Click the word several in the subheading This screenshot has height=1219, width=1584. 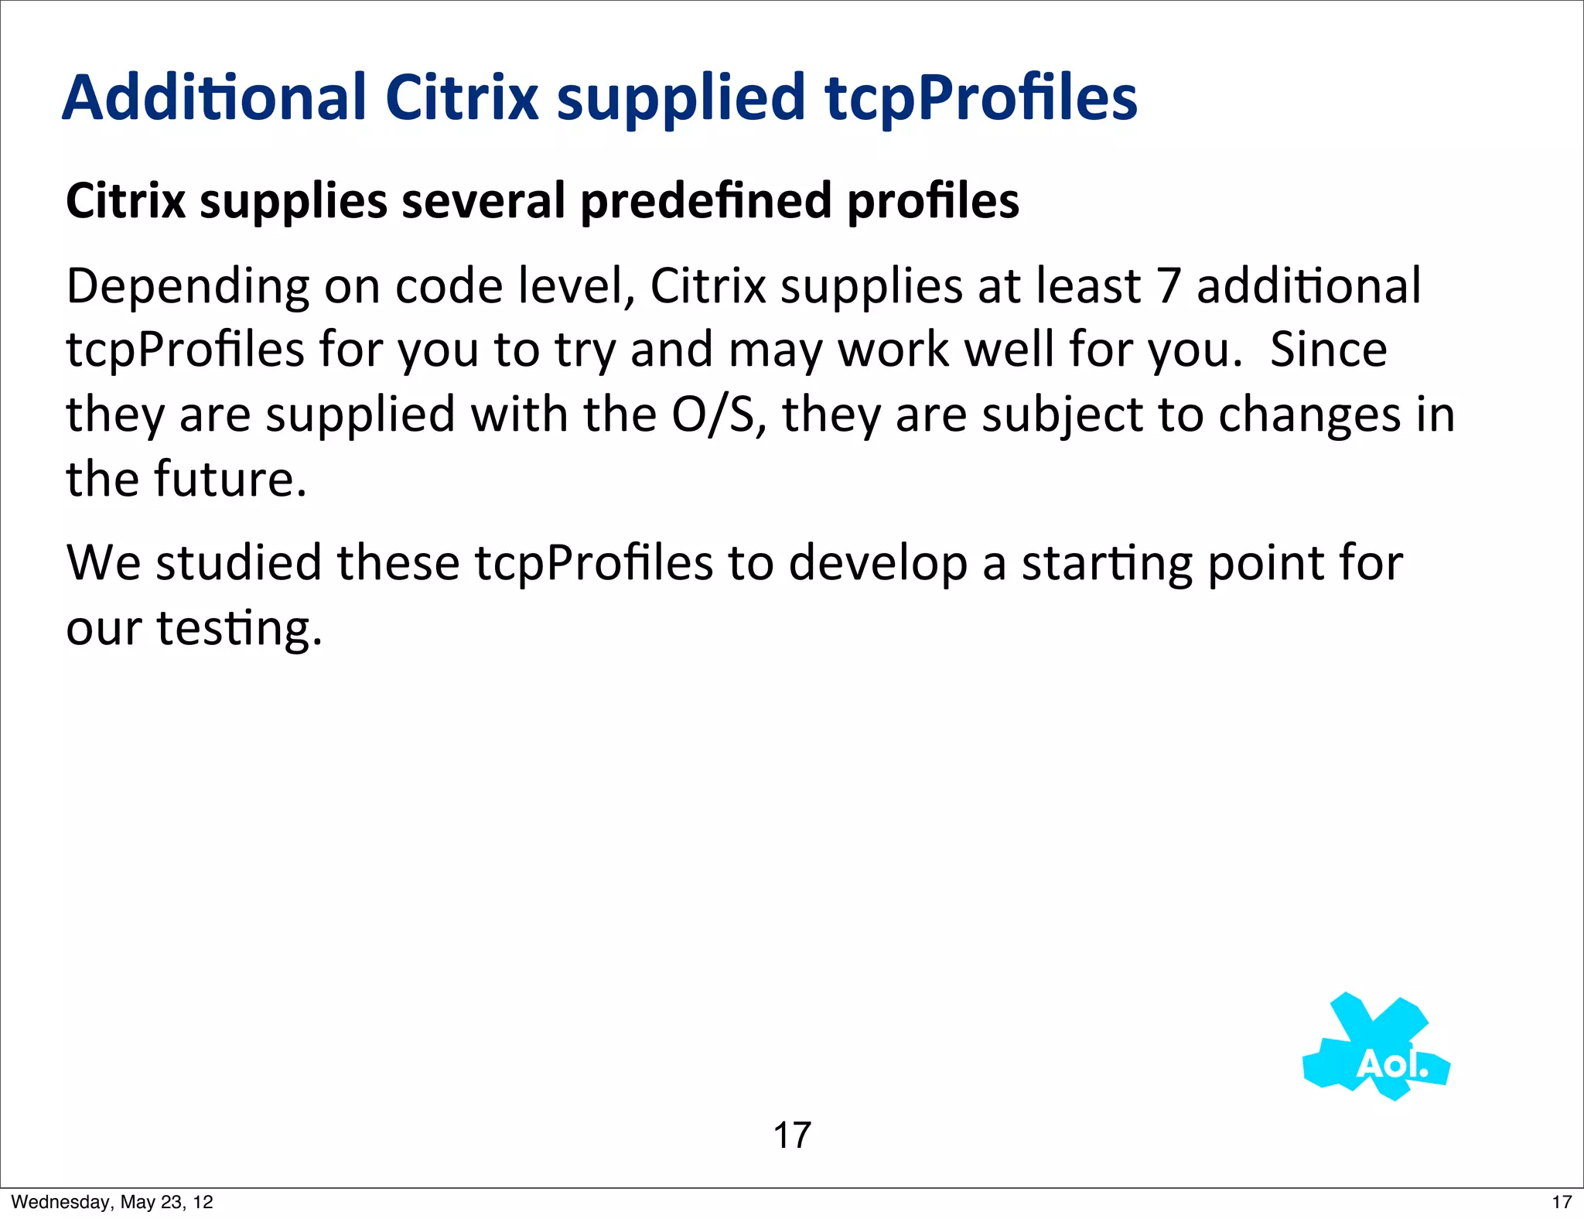(x=484, y=200)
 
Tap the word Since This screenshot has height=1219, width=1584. (x=1329, y=350)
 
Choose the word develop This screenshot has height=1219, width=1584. (x=878, y=564)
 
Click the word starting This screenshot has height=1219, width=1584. (x=1107, y=564)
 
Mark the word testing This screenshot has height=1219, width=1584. (x=239, y=628)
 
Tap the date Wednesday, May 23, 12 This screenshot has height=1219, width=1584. (x=112, y=1202)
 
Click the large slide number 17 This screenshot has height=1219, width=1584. (x=792, y=1135)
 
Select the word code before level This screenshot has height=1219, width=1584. (x=450, y=286)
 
